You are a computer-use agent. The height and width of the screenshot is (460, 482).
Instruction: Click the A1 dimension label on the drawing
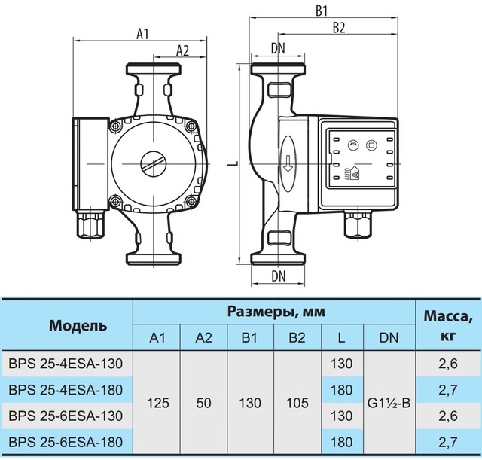click(142, 34)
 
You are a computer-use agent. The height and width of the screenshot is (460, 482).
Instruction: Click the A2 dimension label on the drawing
click(182, 50)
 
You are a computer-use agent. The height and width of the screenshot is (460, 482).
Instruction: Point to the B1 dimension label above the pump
click(322, 11)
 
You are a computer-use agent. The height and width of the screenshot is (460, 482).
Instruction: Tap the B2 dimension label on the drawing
click(339, 28)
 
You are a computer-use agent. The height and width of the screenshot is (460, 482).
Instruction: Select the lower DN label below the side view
click(279, 276)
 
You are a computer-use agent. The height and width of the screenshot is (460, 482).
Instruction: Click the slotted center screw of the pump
click(154, 164)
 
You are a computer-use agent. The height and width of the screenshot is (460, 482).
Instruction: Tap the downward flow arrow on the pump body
click(288, 163)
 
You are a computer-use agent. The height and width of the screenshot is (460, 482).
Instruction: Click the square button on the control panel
click(371, 145)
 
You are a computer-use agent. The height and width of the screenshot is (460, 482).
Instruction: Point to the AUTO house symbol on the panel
click(355, 173)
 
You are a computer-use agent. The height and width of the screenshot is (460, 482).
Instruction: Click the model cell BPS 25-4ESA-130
click(66, 364)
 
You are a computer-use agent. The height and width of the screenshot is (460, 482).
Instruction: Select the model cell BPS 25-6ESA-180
click(66, 443)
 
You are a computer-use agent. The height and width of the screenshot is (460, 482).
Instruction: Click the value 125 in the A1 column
click(158, 403)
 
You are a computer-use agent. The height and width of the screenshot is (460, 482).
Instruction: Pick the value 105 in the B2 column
click(297, 403)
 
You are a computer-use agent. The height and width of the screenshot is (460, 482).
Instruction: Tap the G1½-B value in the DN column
click(389, 403)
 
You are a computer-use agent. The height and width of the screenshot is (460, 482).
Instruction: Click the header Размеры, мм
click(276, 312)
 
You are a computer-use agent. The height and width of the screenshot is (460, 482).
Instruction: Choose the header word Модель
click(78, 325)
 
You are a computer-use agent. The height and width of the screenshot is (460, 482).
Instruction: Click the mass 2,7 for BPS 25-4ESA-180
click(448, 390)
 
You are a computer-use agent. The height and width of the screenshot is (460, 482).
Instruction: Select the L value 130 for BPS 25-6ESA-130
click(341, 416)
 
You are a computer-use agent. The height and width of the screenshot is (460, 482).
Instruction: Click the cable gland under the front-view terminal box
click(90, 224)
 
